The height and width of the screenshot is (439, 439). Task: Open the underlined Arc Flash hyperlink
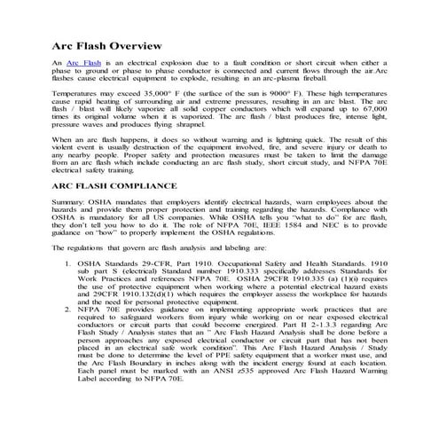79,67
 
